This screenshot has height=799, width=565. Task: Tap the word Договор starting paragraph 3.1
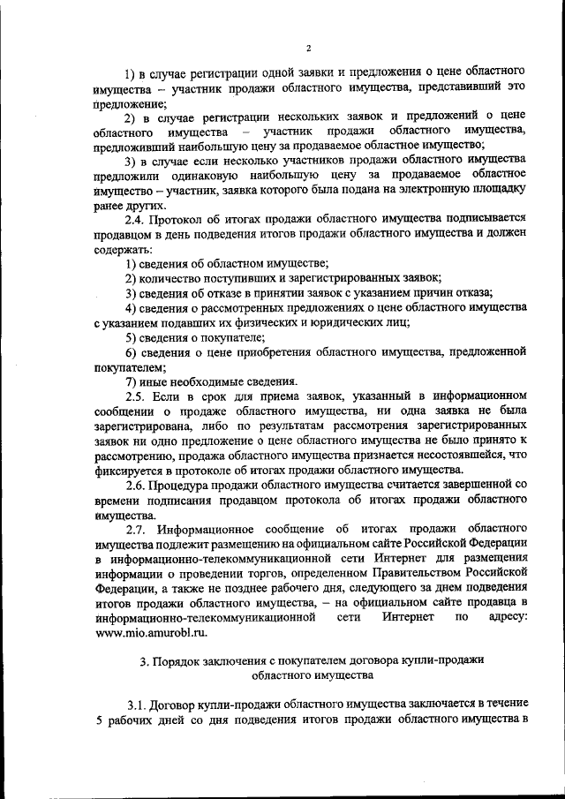177,705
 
